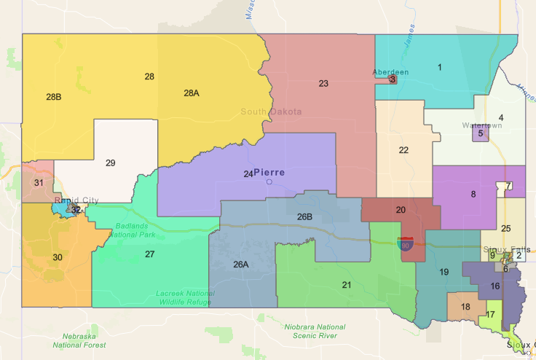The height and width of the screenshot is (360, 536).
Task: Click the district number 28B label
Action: click(x=53, y=96)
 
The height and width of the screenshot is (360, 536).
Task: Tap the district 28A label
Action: click(x=191, y=93)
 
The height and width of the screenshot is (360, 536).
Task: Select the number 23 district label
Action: click(x=323, y=83)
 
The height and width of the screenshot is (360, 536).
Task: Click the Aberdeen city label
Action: click(x=390, y=71)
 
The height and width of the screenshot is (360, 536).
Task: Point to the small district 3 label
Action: click(x=393, y=79)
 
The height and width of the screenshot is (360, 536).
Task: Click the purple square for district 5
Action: click(x=481, y=133)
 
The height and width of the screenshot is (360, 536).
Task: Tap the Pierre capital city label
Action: click(x=270, y=173)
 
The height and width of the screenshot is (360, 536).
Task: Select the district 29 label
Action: click(x=111, y=163)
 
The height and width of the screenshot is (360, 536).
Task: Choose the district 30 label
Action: click(x=58, y=257)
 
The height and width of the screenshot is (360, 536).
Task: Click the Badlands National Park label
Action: click(x=136, y=230)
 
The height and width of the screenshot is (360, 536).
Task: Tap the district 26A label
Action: click(x=241, y=264)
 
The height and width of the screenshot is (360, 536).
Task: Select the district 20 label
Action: click(x=400, y=209)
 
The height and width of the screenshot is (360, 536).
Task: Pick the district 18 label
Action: click(x=465, y=306)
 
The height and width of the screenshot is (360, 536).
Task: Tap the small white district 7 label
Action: click(x=508, y=186)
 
